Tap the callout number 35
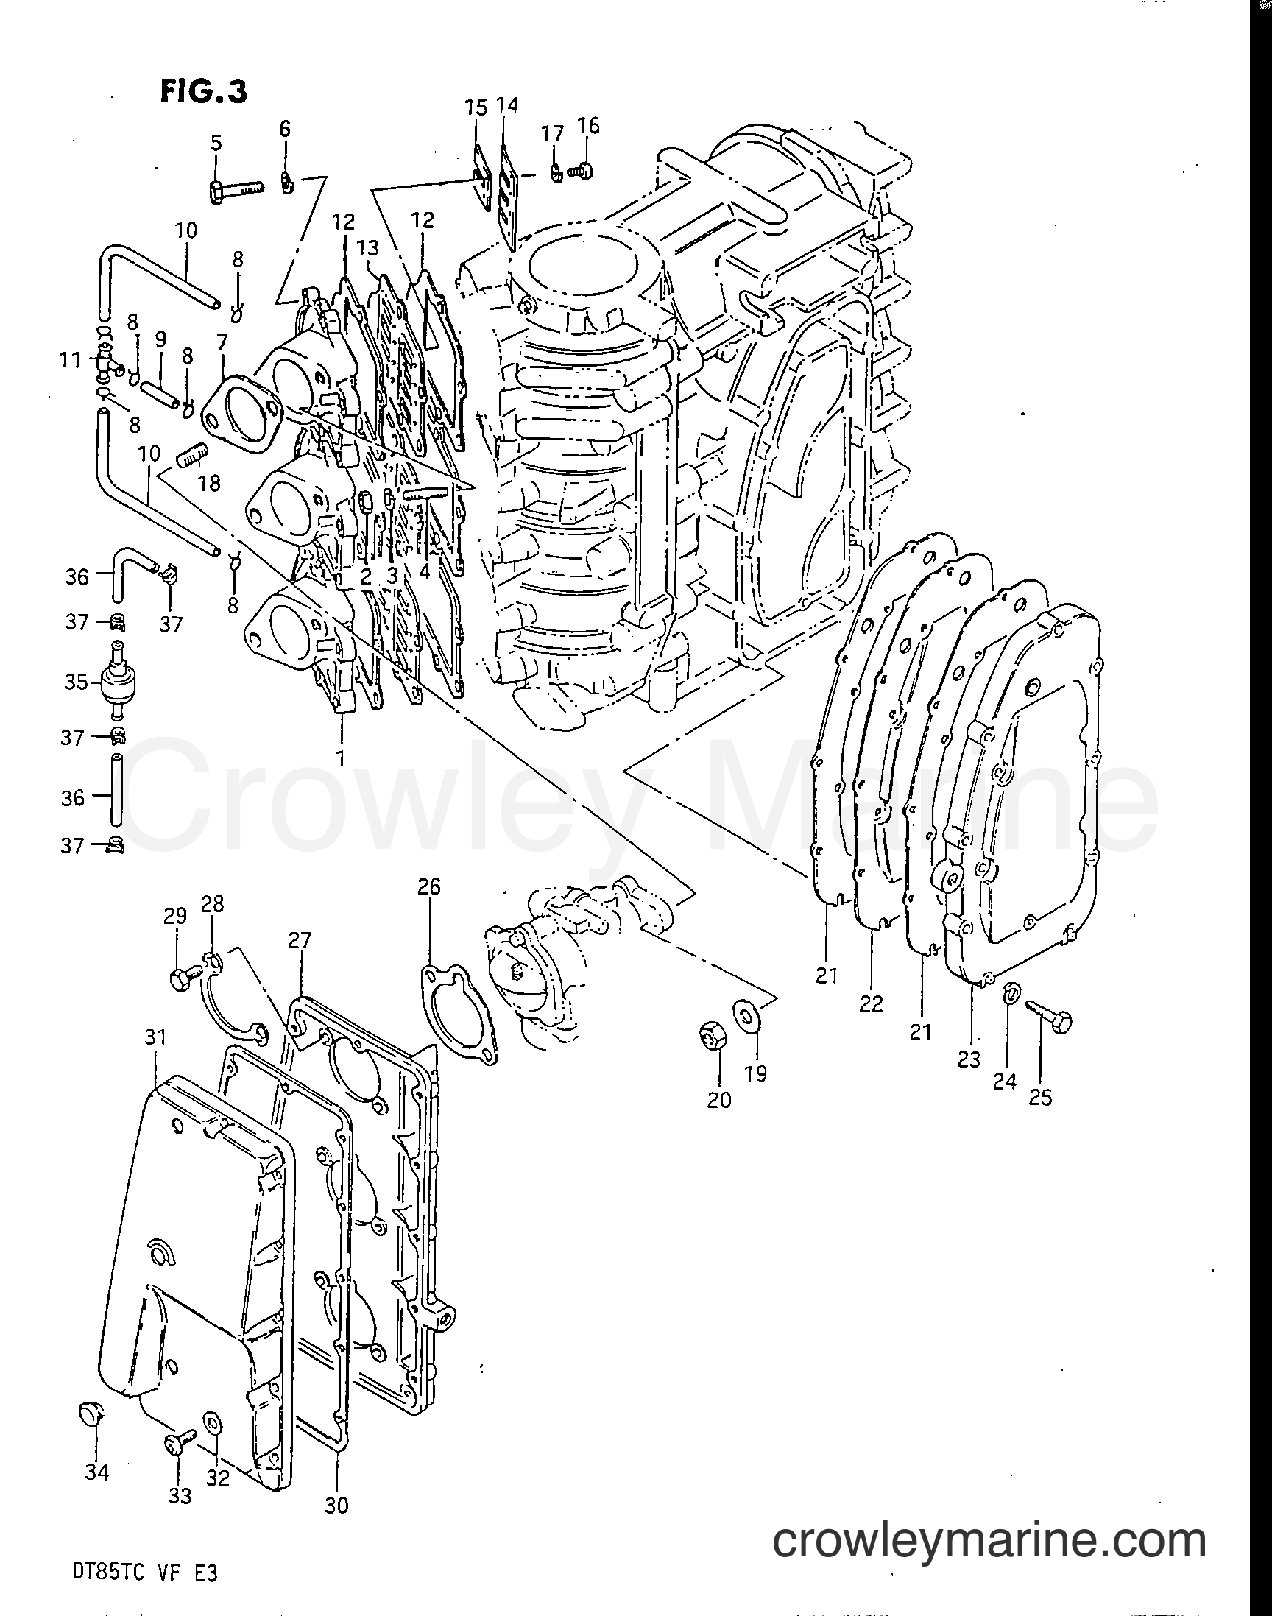[76, 682]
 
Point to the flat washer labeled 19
[743, 1015]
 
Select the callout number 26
[429, 886]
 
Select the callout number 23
[969, 1058]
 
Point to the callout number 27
[300, 940]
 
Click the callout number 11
[70, 361]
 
